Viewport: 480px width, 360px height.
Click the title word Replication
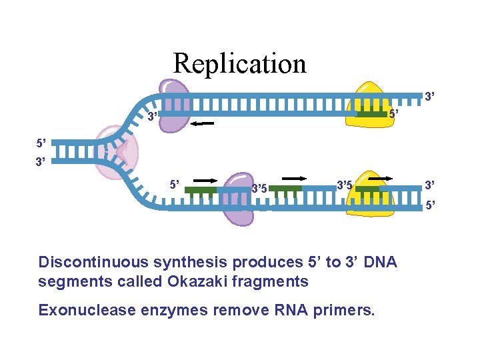pos(239,63)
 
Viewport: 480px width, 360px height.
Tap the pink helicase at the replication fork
pos(115,153)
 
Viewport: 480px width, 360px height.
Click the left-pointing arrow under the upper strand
pos(201,124)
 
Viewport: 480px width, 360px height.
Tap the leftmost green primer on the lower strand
pos(200,190)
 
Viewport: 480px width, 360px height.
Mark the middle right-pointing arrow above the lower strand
pos(294,179)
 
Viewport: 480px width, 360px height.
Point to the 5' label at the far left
pos(42,143)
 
